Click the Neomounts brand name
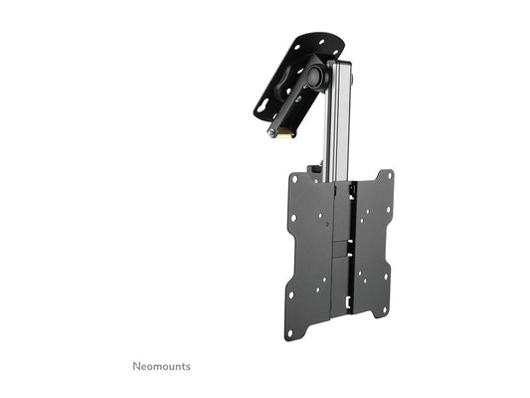point(162,366)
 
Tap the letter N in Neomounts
point(137,366)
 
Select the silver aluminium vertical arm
point(340,119)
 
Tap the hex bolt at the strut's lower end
point(270,133)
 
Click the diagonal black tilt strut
point(293,103)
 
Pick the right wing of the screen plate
point(373,244)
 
